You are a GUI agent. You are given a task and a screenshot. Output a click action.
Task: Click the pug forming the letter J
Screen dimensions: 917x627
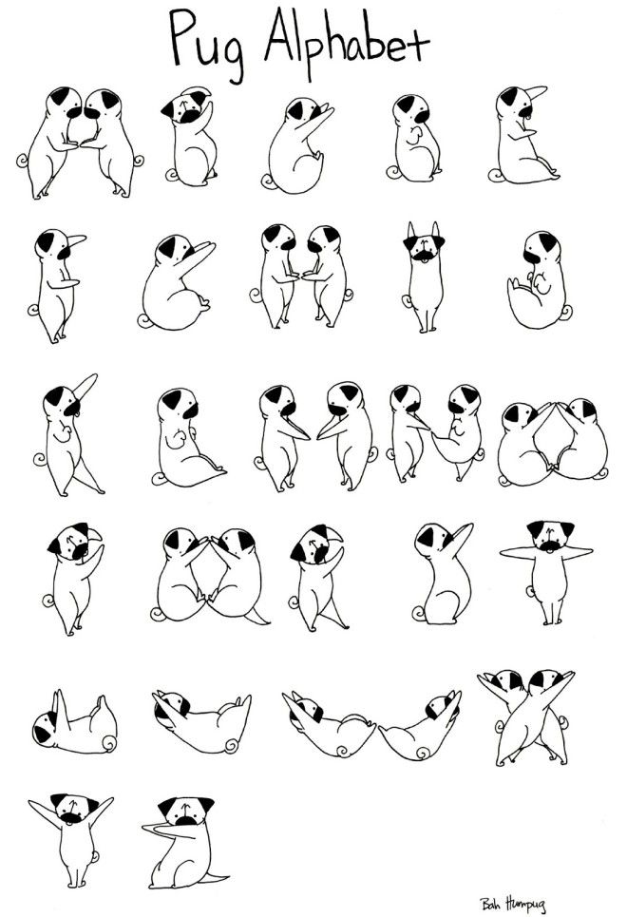539,280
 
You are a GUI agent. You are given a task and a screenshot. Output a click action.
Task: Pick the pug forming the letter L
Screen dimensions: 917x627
185,437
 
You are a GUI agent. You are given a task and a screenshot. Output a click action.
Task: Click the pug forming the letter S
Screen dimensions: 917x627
442,575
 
